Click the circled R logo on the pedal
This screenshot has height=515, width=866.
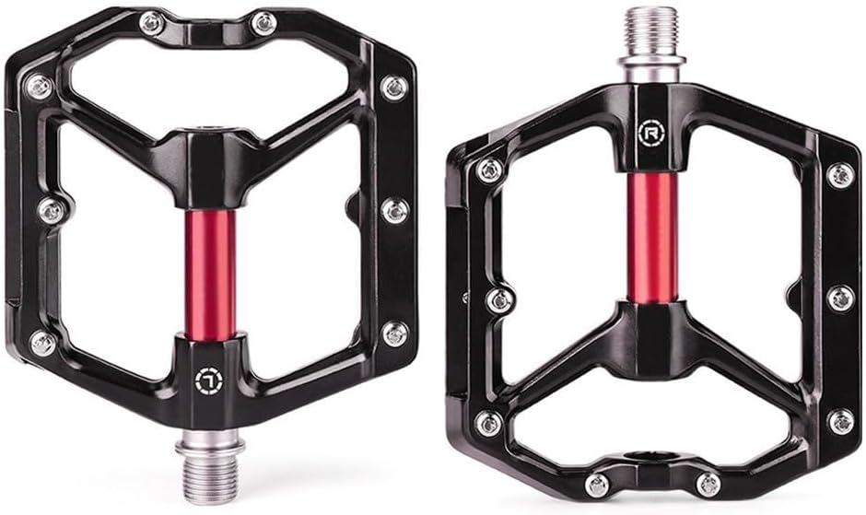pyautogui.click(x=649, y=132)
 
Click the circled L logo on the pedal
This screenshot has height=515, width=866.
pyautogui.click(x=209, y=380)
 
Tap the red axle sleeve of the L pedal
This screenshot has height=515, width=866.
pyautogui.click(x=210, y=274)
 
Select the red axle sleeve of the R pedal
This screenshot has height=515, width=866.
pyautogui.click(x=652, y=237)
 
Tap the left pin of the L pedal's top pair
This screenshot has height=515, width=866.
pyautogui.click(x=151, y=23)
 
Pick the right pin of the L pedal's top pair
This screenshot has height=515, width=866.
pyautogui.click(x=263, y=23)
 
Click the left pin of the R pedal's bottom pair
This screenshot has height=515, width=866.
pyautogui.click(x=597, y=486)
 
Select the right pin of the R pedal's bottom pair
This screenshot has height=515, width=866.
pyautogui.click(x=708, y=485)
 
